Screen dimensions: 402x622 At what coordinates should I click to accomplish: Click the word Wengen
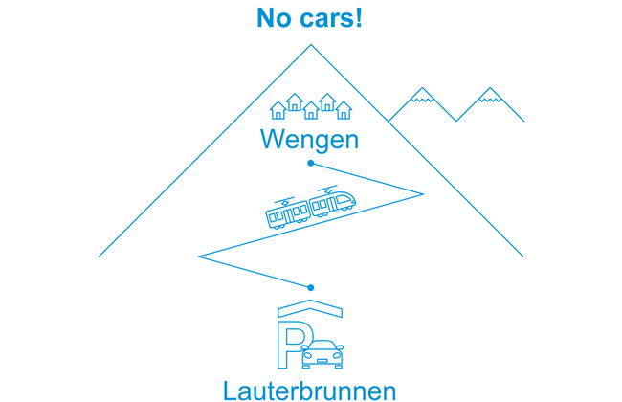point(309,141)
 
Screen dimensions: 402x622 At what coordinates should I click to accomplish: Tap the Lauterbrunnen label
point(309,389)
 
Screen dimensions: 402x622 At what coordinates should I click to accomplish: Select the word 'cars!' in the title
point(330,18)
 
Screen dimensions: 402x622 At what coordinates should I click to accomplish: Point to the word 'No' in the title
point(273,18)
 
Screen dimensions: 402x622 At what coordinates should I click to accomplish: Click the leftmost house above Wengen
point(278,110)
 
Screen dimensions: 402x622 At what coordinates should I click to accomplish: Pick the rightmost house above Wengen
point(344,109)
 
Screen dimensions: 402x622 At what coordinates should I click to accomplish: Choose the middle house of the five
point(311,110)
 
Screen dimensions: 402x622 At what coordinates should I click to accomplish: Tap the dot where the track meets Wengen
point(311,164)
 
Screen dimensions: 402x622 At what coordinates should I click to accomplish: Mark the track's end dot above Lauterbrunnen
point(311,287)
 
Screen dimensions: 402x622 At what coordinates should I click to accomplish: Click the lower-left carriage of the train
point(286,213)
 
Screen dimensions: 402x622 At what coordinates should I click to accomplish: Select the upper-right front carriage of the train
point(332,202)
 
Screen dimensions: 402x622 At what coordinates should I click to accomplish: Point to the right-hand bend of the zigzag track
point(421,194)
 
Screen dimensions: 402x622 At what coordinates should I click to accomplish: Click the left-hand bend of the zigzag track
point(200,256)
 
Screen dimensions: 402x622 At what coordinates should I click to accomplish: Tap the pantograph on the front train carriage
point(330,188)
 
